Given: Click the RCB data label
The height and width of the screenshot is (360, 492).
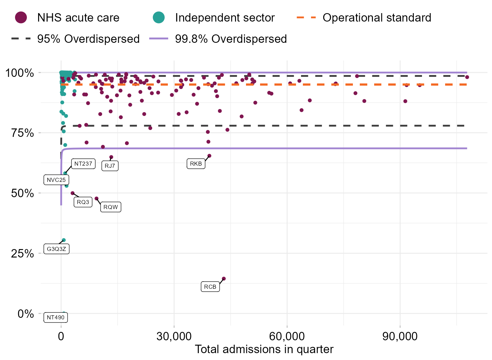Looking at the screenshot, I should [x=210, y=287].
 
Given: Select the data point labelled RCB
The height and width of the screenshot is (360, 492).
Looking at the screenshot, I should [x=223, y=279].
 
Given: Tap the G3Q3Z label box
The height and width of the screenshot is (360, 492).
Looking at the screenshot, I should [x=56, y=249].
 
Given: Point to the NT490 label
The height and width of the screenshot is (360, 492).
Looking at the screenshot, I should [x=56, y=317].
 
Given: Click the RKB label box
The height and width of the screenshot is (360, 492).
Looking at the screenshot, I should [x=196, y=164].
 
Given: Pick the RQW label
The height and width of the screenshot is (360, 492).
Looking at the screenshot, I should [x=111, y=207].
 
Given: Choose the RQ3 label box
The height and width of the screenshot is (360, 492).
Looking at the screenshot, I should [x=83, y=202].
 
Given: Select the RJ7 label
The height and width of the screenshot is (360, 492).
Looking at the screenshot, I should [x=110, y=166].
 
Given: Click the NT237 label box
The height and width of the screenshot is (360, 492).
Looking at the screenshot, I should [x=83, y=164].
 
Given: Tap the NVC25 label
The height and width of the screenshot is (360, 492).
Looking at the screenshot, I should [x=56, y=180].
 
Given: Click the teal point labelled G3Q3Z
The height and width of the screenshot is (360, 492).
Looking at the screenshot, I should [x=64, y=240].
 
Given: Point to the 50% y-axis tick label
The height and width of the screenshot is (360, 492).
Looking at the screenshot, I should [x=23, y=193].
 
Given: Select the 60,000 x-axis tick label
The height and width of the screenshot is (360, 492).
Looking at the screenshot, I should [x=287, y=337].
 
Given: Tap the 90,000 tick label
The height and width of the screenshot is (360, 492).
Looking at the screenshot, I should [x=400, y=337].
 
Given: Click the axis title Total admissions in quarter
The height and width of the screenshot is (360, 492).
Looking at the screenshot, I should [x=264, y=349].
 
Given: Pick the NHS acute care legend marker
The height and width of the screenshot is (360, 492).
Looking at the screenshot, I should [x=21, y=17].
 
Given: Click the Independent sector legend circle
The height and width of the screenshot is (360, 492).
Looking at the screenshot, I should [x=159, y=17].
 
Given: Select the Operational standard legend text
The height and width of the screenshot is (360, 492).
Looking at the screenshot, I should [x=377, y=18].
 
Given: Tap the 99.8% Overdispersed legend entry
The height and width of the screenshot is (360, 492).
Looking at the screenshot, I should [x=231, y=39].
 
